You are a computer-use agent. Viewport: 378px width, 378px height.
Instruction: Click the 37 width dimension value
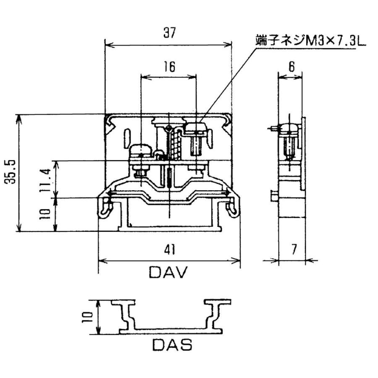(169, 34)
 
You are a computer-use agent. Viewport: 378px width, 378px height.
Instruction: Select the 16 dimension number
(169, 67)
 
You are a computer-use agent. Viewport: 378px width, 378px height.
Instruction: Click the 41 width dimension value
(169, 250)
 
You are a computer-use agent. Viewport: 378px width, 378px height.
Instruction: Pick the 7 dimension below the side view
(293, 249)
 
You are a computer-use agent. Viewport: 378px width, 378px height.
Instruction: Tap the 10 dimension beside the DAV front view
(47, 213)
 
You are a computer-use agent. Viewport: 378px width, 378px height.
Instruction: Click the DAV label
(169, 273)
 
